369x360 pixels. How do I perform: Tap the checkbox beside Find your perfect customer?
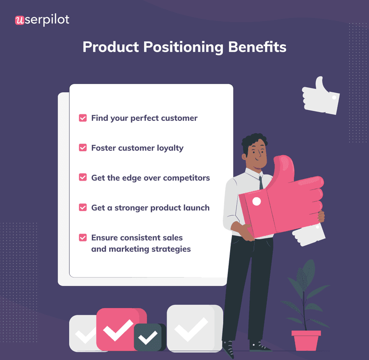tap(83, 118)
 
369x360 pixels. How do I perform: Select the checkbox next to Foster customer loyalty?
tap(83, 148)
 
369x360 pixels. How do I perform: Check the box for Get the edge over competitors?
tap(83, 177)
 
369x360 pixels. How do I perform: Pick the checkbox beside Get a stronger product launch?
tap(83, 207)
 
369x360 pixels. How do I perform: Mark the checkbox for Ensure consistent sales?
tap(83, 238)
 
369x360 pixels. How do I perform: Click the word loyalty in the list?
tap(169, 148)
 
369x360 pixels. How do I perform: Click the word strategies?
tap(170, 249)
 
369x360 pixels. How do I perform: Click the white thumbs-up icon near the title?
tap(321, 96)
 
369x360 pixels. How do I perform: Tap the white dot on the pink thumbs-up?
tap(257, 201)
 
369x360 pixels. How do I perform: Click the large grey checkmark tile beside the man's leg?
tap(194, 328)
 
